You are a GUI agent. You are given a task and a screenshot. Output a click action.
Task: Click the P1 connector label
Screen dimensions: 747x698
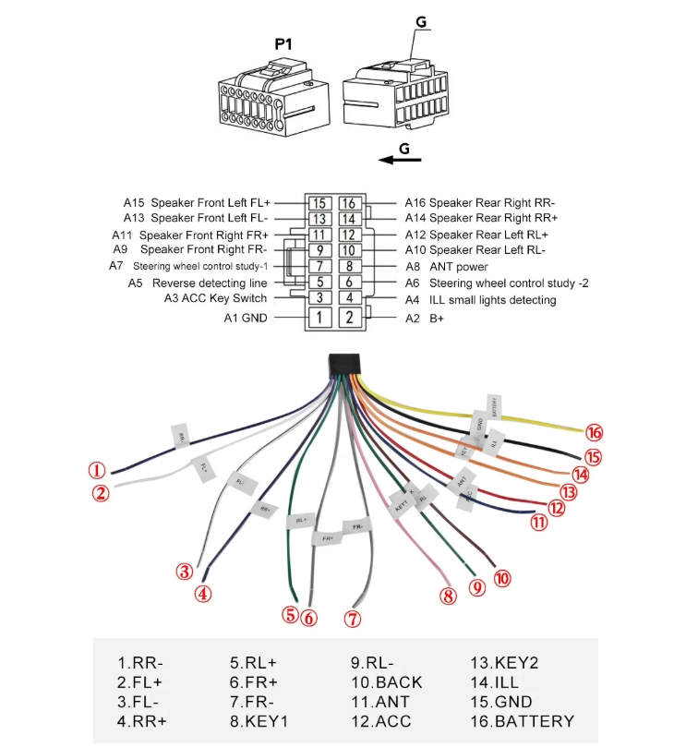pyautogui.click(x=283, y=43)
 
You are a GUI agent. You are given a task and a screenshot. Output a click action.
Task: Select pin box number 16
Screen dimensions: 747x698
pyautogui.click(x=348, y=202)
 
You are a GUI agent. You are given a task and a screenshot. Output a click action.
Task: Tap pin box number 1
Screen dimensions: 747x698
pyautogui.click(x=319, y=318)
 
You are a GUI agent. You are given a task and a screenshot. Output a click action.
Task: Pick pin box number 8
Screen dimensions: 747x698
pyautogui.click(x=348, y=267)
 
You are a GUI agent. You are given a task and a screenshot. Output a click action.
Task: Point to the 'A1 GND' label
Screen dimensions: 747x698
pyautogui.click(x=246, y=318)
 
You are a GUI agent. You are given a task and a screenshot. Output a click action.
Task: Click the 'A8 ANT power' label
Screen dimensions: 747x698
pyautogui.click(x=447, y=267)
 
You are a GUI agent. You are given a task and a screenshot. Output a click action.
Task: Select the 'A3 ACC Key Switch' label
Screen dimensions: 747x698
pyautogui.click(x=215, y=298)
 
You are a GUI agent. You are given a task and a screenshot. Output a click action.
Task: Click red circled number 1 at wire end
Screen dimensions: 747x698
pyautogui.click(x=96, y=470)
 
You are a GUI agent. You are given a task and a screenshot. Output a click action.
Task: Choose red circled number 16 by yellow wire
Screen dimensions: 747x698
pyautogui.click(x=595, y=432)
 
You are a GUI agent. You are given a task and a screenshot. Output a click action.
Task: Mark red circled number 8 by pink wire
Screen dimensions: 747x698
pyautogui.click(x=449, y=596)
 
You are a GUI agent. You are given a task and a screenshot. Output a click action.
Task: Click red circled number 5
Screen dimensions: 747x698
pyautogui.click(x=292, y=614)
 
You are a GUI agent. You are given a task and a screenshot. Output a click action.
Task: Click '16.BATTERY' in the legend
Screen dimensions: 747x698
pyautogui.click(x=522, y=721)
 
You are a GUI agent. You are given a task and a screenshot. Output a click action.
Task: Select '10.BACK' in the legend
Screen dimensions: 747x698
pyautogui.click(x=386, y=682)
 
